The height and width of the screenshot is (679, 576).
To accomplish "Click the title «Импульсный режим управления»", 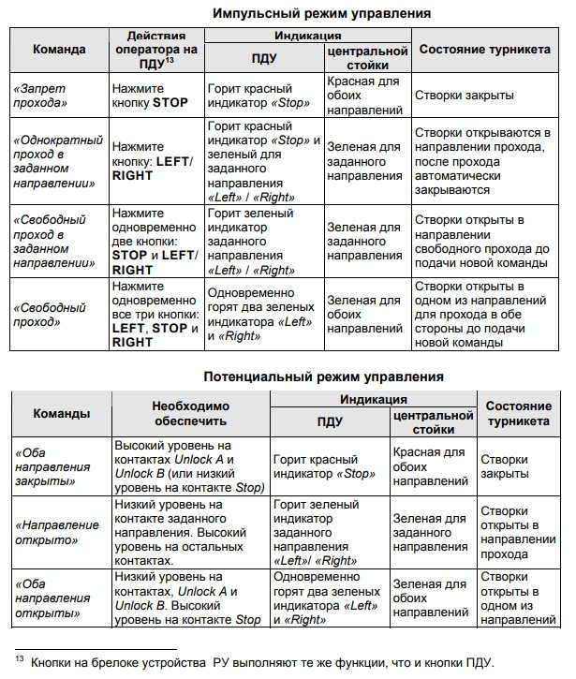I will (322, 14).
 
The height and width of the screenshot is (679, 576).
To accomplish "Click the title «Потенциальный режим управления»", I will (323, 376).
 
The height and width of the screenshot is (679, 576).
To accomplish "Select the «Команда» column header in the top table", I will (59, 49).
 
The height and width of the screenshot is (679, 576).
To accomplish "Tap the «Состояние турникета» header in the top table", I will (483, 49).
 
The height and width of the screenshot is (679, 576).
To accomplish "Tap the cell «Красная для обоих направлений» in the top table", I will (364, 95).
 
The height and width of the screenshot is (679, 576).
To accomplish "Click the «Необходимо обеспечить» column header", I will (190, 413).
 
